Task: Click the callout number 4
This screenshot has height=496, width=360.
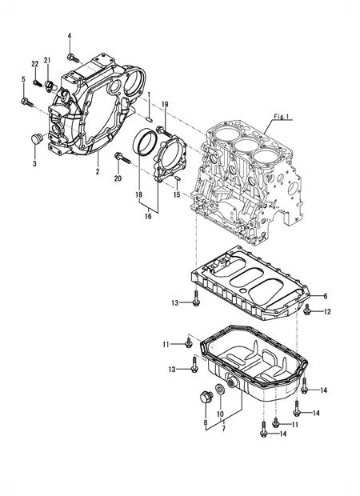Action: click(70, 36)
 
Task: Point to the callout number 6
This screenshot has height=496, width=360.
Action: click(326, 295)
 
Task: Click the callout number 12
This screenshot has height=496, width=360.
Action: click(327, 311)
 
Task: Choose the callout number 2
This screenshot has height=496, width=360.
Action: click(97, 172)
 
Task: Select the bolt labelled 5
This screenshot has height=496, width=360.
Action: click(26, 101)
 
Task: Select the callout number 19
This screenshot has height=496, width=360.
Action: click(165, 105)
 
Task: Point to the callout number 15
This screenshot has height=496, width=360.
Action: click(178, 194)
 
